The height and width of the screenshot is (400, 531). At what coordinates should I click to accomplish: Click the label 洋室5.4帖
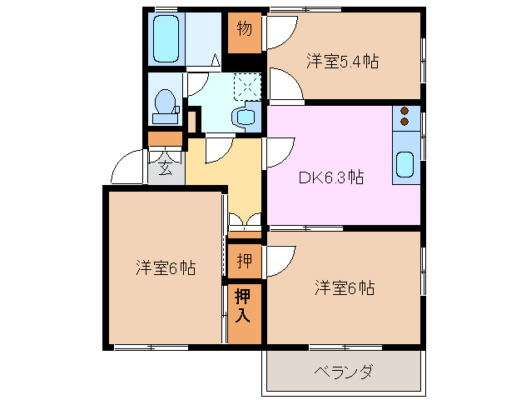click(x=342, y=61)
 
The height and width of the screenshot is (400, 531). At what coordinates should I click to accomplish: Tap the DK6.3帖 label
click(x=330, y=177)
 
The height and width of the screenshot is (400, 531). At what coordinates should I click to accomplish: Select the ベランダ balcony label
click(x=343, y=371)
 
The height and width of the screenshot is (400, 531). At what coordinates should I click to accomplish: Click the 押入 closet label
click(x=243, y=305)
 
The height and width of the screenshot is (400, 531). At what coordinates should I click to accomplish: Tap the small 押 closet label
click(x=243, y=261)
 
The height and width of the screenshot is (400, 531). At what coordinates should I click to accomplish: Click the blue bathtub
click(x=168, y=37)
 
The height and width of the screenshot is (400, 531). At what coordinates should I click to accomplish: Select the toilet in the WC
click(x=166, y=105)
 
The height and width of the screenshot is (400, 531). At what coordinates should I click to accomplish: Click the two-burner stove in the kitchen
click(x=405, y=117)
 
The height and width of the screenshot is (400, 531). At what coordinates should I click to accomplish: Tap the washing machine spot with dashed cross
click(x=246, y=85)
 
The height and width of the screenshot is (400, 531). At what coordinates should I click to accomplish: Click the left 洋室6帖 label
click(x=166, y=268)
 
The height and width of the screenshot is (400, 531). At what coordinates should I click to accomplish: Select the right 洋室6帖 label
click(x=344, y=288)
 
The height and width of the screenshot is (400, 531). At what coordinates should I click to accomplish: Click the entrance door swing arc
click(x=125, y=167)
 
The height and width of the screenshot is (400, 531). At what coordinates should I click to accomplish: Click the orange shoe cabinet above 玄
click(x=165, y=139)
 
